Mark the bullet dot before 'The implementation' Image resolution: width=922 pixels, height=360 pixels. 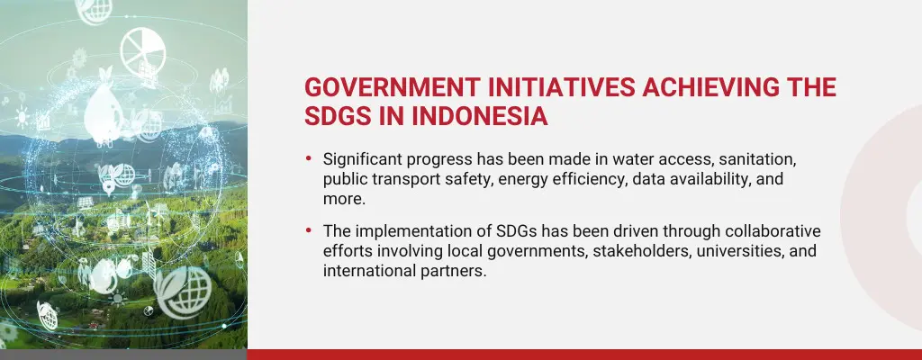point(309,232)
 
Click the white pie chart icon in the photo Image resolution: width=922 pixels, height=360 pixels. point(145,46)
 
